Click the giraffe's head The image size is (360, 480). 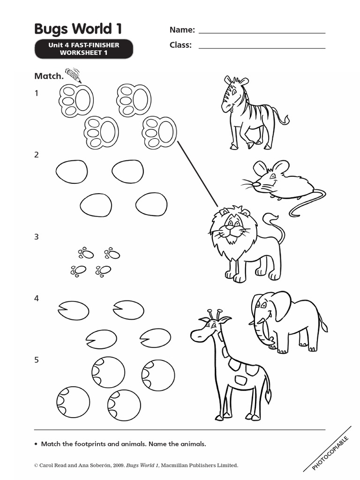[206, 328]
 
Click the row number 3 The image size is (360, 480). [37, 237]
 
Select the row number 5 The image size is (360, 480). [37, 360]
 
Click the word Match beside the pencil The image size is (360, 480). [49, 76]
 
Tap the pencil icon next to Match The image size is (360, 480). [73, 75]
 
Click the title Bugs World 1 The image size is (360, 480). [78, 29]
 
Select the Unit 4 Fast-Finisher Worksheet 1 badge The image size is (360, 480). [83, 49]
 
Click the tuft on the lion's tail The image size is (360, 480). [271, 218]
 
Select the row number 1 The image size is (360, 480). [37, 93]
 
